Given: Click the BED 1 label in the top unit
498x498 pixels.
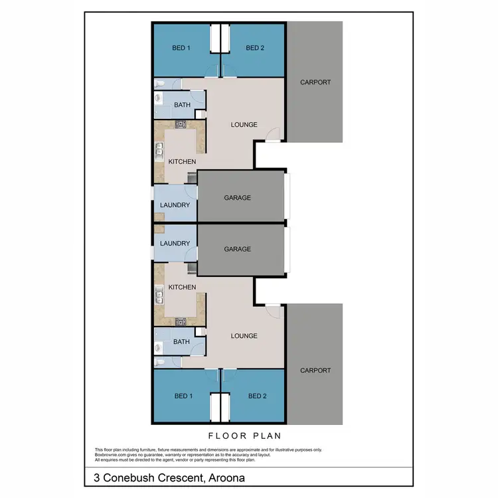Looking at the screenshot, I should point(181,48).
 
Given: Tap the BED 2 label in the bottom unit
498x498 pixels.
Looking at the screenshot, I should point(257,396).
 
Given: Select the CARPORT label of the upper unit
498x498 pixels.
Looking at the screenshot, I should point(315,82).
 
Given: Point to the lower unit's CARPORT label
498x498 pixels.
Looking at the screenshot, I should point(315,371).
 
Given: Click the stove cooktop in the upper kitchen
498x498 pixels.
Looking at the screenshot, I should point(181,124).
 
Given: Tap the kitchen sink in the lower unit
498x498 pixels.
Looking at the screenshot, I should point(159,296).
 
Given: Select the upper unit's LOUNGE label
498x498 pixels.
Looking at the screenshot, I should point(244,125).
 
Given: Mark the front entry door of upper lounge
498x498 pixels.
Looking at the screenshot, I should point(272,136).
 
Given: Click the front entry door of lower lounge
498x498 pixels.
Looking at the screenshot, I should point(272,311).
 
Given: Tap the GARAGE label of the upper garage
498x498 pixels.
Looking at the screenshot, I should point(237,197).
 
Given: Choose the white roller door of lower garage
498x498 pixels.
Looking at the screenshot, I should point(287,249).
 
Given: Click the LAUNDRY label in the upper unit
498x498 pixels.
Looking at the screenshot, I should point(175,205).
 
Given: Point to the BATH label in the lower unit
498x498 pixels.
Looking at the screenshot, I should point(181,342).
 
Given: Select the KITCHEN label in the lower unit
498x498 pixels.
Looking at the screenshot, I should point(182,287).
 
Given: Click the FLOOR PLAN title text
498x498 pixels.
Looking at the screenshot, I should point(245,436).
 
